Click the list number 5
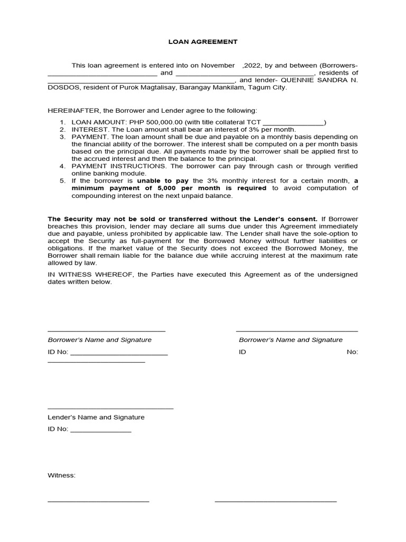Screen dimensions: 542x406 62,181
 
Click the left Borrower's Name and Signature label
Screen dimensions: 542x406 99,340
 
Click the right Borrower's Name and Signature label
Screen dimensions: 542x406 290,340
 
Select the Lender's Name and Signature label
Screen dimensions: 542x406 96,417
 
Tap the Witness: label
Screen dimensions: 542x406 61,475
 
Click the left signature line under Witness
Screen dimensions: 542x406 98,501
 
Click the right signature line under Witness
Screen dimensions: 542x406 275,501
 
